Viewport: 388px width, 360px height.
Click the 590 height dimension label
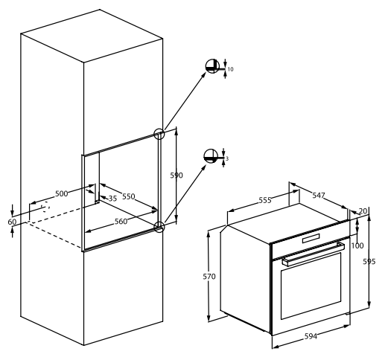click(x=176, y=176)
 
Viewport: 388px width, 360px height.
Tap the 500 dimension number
click(x=61, y=193)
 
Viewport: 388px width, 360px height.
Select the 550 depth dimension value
click(x=129, y=196)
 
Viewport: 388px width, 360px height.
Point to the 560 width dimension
click(x=121, y=221)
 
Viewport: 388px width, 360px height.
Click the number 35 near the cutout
click(x=112, y=199)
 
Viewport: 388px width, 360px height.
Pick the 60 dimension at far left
click(x=12, y=222)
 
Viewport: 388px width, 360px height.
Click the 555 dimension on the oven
click(x=265, y=200)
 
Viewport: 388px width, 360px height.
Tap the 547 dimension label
click(x=319, y=196)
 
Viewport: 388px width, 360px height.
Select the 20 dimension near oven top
click(x=363, y=211)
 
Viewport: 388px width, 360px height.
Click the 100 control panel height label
click(x=357, y=245)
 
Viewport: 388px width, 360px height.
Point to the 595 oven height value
click(x=369, y=261)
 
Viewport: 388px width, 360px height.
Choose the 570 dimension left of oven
click(x=209, y=276)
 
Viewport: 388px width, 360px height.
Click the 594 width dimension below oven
click(x=311, y=336)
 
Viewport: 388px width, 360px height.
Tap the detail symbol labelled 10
click(x=213, y=66)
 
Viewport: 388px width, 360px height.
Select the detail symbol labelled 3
click(x=211, y=156)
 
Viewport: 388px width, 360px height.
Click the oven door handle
click(x=314, y=254)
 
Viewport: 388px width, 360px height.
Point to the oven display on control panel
click(x=311, y=239)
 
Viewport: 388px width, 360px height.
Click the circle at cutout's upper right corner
click(x=159, y=134)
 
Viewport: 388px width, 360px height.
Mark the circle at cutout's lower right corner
click(x=159, y=227)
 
